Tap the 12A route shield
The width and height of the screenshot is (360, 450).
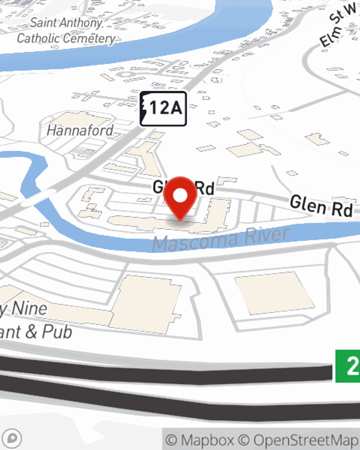(x=163, y=108)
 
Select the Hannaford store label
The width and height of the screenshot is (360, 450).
(x=80, y=130)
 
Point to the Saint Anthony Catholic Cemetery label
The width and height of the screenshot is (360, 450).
(x=66, y=31)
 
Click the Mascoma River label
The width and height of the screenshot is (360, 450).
(x=221, y=239)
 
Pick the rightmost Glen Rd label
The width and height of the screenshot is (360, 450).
(x=321, y=206)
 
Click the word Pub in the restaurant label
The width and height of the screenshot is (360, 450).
(x=57, y=332)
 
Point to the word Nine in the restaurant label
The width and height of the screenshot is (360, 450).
(x=29, y=309)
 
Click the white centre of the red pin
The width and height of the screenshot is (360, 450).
(x=180, y=195)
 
